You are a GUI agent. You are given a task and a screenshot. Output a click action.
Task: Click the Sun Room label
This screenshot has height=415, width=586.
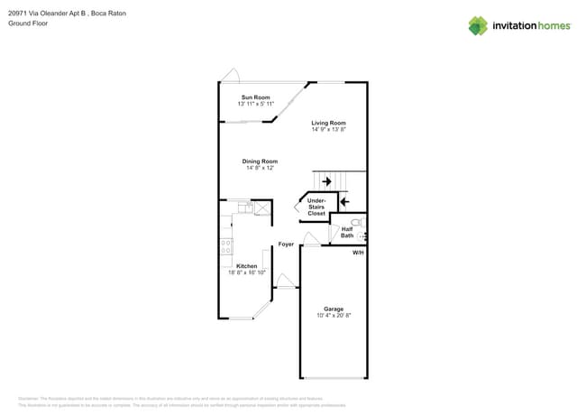pyautogui.click(x=254, y=97)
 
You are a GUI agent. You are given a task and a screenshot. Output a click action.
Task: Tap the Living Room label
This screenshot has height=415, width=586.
pyautogui.click(x=328, y=123)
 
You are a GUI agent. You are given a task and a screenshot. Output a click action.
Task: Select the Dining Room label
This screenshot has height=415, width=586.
pyautogui.click(x=259, y=161)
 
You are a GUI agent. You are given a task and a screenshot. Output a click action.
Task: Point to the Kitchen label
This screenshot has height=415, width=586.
pyautogui.click(x=246, y=266)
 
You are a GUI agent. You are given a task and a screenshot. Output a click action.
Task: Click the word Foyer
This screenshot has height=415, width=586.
pyautogui.click(x=286, y=244)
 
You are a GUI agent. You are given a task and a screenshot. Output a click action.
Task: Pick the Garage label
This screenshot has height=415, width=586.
pyautogui.click(x=334, y=309)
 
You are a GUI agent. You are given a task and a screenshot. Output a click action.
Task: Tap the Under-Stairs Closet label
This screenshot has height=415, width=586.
pyautogui.click(x=316, y=207)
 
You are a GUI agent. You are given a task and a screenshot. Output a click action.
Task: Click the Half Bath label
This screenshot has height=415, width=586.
pyautogui.click(x=347, y=232)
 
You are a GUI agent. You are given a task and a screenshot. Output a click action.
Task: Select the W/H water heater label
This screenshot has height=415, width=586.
pyautogui.click(x=358, y=253)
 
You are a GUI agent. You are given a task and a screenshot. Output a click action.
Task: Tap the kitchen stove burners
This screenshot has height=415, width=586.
pyautogui.click(x=226, y=245)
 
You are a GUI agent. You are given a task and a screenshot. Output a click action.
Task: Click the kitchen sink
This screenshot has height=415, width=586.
pyautogui.click(x=244, y=208)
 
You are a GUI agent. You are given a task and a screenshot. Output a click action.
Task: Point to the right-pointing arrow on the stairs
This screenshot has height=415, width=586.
pyautogui.click(x=325, y=181)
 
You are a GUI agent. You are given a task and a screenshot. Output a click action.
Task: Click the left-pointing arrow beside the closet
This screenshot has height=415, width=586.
pyautogui.click(x=343, y=201)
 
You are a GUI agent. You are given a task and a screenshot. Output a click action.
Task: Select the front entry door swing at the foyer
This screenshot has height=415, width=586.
pyautogui.click(x=286, y=281)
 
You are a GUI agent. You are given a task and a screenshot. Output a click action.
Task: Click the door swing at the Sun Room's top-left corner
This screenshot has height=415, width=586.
pyautogui.click(x=231, y=76)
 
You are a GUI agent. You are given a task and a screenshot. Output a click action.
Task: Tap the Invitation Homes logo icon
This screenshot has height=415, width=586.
pyautogui.click(x=478, y=25)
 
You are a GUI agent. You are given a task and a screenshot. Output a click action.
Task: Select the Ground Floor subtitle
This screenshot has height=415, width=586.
pyautogui.click(x=26, y=23)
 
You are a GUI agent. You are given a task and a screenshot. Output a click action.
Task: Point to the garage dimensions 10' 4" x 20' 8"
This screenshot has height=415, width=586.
pyautogui.click(x=334, y=316)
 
